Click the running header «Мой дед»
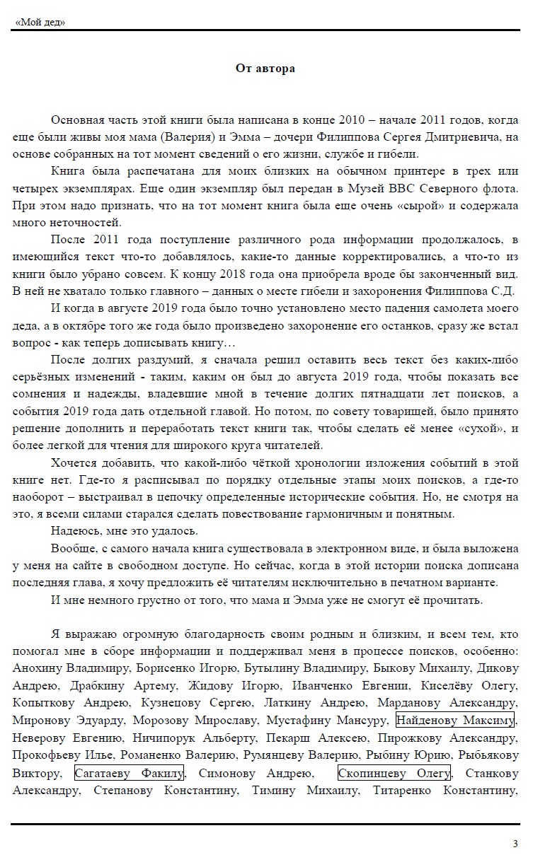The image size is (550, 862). [x=40, y=22]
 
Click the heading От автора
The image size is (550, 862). [x=265, y=69]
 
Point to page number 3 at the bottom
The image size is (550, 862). [x=515, y=843]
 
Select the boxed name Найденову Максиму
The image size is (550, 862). [x=455, y=720]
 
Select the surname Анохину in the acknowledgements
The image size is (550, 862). [x=42, y=668]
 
